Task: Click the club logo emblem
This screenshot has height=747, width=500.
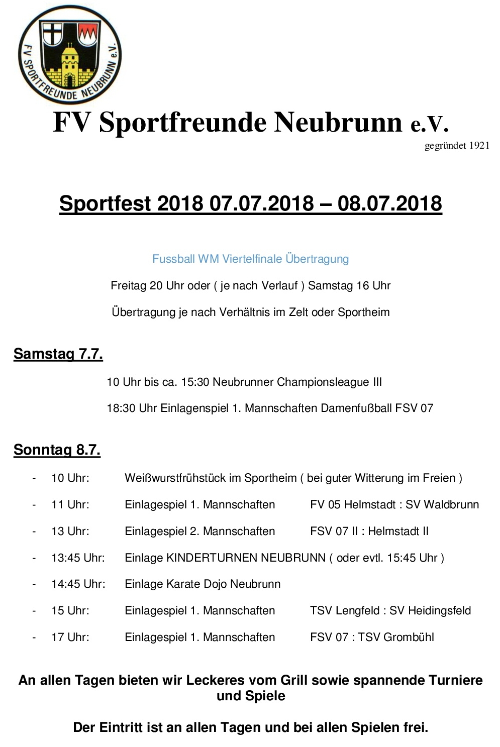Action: pyautogui.click(x=69, y=54)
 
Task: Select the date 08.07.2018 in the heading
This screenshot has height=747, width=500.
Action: pyautogui.click(x=389, y=203)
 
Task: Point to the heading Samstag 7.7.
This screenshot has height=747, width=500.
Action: pyautogui.click(x=58, y=354)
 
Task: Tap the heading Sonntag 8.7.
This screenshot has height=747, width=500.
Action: pyautogui.click(x=57, y=450)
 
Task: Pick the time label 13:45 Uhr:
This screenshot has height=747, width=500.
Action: pyautogui.click(x=78, y=558)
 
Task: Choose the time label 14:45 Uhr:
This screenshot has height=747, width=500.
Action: pyautogui.click(x=78, y=584)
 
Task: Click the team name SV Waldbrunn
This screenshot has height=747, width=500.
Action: pyautogui.click(x=442, y=505)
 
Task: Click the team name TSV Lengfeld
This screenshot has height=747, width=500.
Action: pyautogui.click(x=345, y=611)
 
